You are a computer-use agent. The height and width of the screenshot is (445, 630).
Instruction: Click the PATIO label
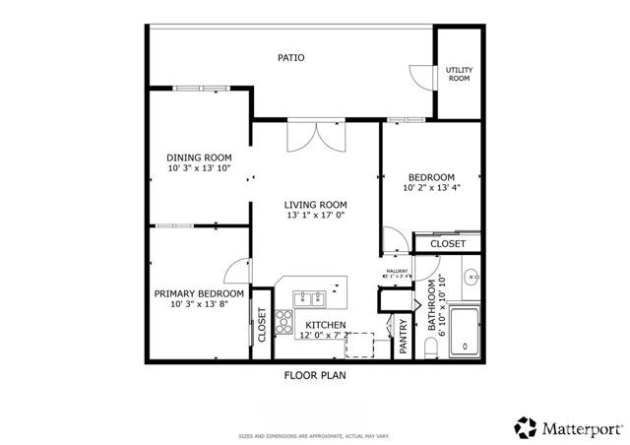pyautogui.click(x=290, y=58)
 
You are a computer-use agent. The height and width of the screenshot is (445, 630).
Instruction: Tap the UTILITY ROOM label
pyautogui.click(x=459, y=74)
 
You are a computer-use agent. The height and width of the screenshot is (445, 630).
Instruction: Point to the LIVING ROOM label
pyautogui.click(x=316, y=205)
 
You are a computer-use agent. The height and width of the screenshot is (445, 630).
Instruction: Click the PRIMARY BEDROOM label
pyautogui.click(x=199, y=293)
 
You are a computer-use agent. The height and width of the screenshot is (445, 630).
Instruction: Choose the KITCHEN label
pyautogui.click(x=325, y=324)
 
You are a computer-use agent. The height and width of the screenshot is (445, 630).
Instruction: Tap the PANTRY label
pyautogui.click(x=402, y=335)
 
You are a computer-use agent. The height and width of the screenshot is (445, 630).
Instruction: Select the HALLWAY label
pyautogui.click(x=396, y=271)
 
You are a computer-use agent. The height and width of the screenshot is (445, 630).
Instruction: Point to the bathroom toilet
pyautogui.click(x=430, y=349)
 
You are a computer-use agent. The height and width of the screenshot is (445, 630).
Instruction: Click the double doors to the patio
pyautogui.click(x=316, y=137)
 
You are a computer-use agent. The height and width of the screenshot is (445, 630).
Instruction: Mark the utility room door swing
pyautogui.click(x=422, y=78)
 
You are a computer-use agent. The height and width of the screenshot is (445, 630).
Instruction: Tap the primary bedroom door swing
pyautogui.click(x=237, y=272)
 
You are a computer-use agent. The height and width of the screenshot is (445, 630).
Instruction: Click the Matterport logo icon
pyautogui.click(x=524, y=427)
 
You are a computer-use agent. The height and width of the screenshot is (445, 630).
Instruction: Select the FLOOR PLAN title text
pyautogui.click(x=315, y=375)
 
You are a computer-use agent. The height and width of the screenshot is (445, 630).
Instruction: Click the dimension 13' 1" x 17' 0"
pyautogui.click(x=316, y=217)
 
